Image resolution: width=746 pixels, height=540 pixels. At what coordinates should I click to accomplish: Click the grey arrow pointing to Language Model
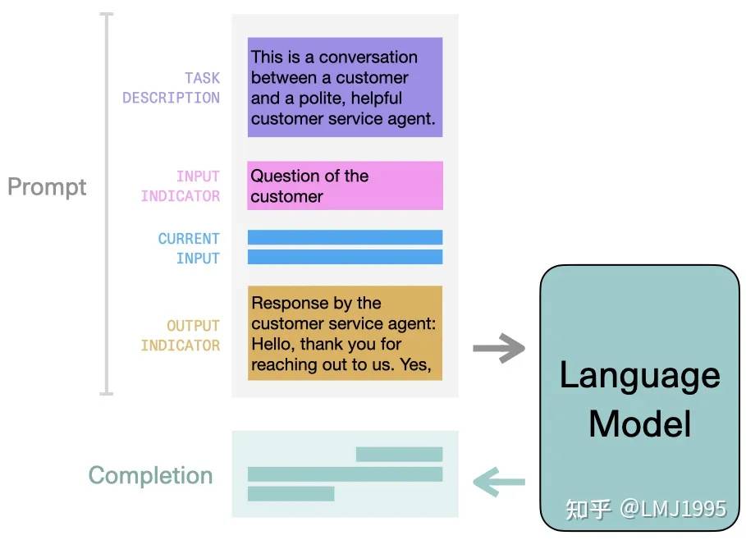[499, 348]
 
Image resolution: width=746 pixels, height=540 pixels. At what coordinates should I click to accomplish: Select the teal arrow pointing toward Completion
[499, 482]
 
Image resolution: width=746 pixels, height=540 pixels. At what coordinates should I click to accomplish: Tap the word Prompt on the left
[47, 187]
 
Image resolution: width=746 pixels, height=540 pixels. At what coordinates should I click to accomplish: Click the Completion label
[150, 475]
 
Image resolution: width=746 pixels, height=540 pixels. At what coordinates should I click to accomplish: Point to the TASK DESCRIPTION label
[172, 88]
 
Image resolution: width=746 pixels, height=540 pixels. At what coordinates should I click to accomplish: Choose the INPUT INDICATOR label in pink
[181, 186]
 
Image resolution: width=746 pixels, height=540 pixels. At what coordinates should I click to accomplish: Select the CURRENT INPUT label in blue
[189, 249]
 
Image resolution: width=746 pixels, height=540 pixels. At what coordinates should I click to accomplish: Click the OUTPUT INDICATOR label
[181, 336]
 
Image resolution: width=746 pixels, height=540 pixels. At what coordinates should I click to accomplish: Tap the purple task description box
[345, 87]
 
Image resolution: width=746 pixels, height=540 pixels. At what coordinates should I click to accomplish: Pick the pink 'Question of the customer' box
[345, 185]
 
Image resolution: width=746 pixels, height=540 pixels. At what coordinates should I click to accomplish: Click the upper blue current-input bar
[345, 237]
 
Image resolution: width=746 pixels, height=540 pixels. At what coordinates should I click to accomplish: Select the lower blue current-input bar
[345, 257]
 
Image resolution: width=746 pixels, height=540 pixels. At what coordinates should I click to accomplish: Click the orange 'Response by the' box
[345, 333]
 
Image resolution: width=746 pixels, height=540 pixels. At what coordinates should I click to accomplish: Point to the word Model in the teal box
[640, 423]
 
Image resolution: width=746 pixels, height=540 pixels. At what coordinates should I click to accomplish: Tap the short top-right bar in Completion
[399, 455]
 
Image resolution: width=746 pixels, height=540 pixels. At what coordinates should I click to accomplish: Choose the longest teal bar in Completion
[345, 474]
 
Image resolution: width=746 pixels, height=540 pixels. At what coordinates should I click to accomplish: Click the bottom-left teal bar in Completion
[291, 494]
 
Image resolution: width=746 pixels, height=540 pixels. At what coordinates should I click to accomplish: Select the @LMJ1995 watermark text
[673, 509]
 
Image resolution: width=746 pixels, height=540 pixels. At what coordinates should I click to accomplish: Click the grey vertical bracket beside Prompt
[107, 204]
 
